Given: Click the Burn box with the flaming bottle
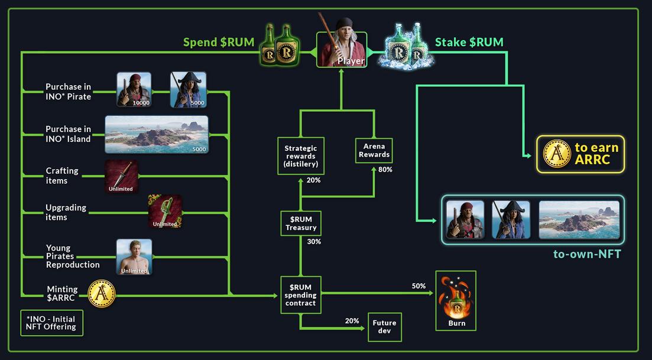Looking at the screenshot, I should (x=456, y=300).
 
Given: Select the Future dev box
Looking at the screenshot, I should (x=384, y=327).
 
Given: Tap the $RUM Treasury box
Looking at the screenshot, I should (x=301, y=223).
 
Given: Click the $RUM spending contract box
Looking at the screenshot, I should (x=301, y=295).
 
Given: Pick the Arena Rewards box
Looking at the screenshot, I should (x=374, y=150).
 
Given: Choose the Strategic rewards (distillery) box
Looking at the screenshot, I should (x=301, y=156).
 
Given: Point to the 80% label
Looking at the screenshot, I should (x=385, y=170).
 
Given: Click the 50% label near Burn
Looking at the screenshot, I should (x=419, y=286).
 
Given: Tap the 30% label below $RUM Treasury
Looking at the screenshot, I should (x=314, y=242).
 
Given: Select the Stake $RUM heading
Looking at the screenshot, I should (x=469, y=42).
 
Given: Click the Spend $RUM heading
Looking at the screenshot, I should (x=219, y=42).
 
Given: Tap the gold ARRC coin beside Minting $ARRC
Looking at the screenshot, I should (x=102, y=293).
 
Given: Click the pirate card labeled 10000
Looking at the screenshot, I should (x=134, y=90).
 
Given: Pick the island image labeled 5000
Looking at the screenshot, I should (x=157, y=134).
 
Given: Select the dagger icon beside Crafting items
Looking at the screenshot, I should (x=122, y=176).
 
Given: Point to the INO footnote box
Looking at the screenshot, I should (x=51, y=323).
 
